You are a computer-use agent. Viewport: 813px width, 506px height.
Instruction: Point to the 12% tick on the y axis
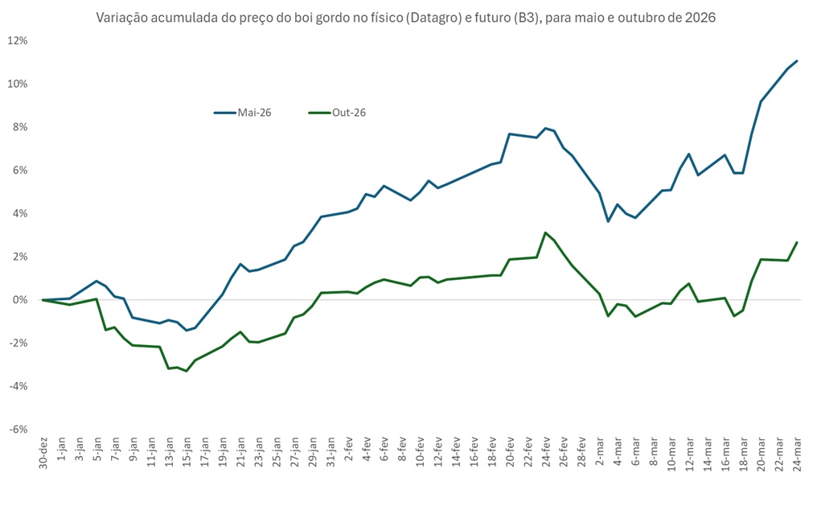18,40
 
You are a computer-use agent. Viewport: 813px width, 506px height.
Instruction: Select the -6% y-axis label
18,429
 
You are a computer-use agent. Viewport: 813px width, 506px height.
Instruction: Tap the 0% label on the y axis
20,300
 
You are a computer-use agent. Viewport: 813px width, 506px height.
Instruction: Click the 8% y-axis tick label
20,127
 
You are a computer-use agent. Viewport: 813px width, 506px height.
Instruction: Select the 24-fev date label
545,456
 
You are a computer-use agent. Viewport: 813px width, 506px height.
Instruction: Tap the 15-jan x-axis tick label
187,456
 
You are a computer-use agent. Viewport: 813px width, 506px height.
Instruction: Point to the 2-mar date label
599,455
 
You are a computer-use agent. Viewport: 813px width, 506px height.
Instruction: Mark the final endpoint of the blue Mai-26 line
796,60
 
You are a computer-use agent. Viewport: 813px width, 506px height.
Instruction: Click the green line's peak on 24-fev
545,232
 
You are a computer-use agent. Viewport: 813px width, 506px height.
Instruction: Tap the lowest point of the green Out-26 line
187,371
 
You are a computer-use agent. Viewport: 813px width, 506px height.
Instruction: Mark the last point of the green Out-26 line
796,242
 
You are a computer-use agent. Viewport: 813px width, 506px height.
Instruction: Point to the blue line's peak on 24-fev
545,128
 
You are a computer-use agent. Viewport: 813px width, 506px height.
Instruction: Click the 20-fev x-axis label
510,456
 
